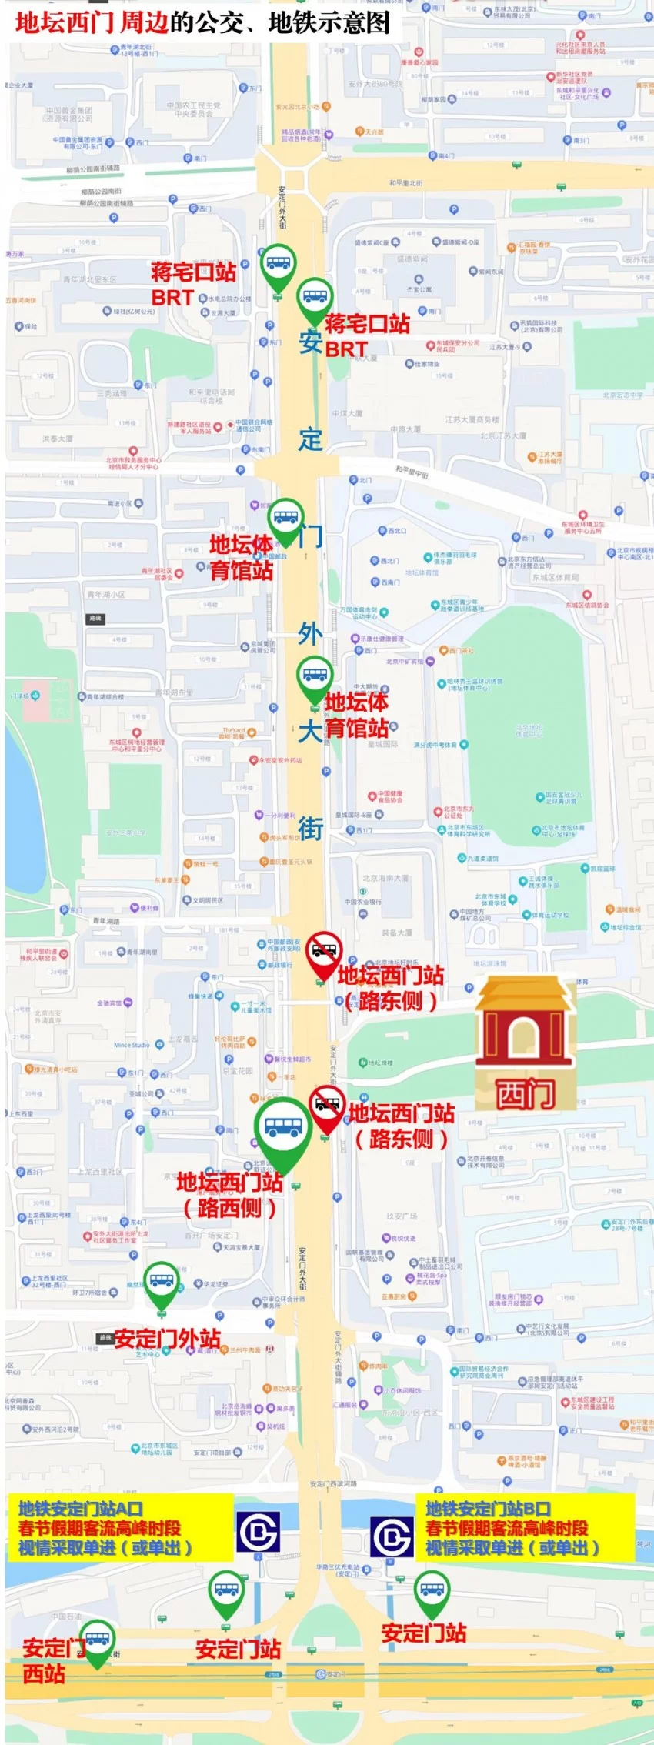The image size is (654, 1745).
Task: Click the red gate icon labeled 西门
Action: (x=525, y=1043)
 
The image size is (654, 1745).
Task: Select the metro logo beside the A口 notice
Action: (x=257, y=1532)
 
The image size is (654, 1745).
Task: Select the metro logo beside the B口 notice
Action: (x=392, y=1536)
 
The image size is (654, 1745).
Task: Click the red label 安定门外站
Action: (x=167, y=1339)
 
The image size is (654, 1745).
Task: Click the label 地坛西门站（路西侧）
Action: (x=229, y=1194)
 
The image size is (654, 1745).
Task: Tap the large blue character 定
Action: (x=311, y=439)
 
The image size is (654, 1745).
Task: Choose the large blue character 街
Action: (x=310, y=829)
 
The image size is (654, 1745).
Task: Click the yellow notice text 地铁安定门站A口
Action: (x=80, y=1509)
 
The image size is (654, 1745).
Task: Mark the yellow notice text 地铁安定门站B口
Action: (x=488, y=1509)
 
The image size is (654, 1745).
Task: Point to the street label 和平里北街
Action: (x=405, y=183)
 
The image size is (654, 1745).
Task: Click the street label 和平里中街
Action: (x=412, y=471)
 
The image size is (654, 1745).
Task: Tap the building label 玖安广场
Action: (x=402, y=1216)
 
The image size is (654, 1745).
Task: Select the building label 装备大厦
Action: (x=398, y=933)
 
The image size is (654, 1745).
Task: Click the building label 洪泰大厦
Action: (x=58, y=439)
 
